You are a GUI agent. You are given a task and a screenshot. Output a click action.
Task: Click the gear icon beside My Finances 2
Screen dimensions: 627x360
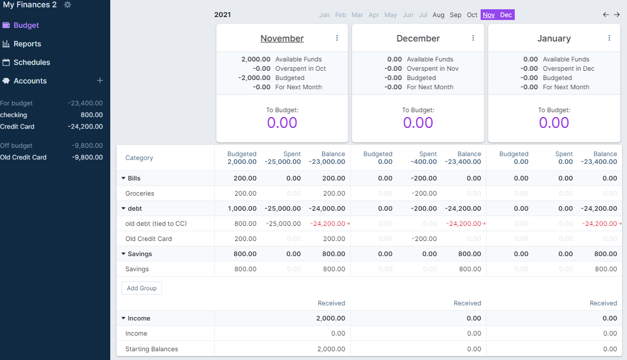click(67, 5)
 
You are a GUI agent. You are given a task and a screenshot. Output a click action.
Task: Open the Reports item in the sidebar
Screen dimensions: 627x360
click(27, 44)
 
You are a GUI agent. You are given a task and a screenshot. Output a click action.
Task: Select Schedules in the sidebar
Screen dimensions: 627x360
click(32, 62)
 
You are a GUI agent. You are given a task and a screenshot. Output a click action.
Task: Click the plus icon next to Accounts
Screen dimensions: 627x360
click(100, 80)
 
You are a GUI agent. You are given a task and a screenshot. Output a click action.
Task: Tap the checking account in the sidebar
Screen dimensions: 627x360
click(14, 115)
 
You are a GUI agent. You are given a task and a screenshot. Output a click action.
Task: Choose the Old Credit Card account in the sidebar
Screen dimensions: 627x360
click(23, 158)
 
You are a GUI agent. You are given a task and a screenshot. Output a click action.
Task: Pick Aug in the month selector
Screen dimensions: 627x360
click(438, 15)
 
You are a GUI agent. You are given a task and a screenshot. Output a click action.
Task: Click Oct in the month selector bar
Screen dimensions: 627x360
click(472, 15)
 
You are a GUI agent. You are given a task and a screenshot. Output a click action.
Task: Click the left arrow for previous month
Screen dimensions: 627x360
click(606, 15)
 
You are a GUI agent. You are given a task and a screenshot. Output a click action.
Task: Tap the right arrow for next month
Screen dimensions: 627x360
click(617, 15)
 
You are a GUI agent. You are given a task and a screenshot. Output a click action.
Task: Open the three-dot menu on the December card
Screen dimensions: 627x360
click(473, 38)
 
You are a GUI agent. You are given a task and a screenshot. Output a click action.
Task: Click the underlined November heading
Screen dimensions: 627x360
click(282, 39)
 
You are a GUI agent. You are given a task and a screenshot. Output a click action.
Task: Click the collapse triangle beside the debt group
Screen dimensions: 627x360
click(123, 208)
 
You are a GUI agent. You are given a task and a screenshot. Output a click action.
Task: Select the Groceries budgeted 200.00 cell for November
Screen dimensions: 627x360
click(245, 194)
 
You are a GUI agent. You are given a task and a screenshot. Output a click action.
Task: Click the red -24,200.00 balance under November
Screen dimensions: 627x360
click(327, 224)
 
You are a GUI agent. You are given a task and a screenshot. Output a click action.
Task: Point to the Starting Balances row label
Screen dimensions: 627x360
click(151, 349)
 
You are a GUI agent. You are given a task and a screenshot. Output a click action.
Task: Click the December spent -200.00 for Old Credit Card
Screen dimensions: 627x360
click(424, 239)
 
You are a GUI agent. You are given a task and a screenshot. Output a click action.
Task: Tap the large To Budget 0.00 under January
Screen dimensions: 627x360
click(554, 122)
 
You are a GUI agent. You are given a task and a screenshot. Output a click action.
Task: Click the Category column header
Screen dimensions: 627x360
click(139, 158)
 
